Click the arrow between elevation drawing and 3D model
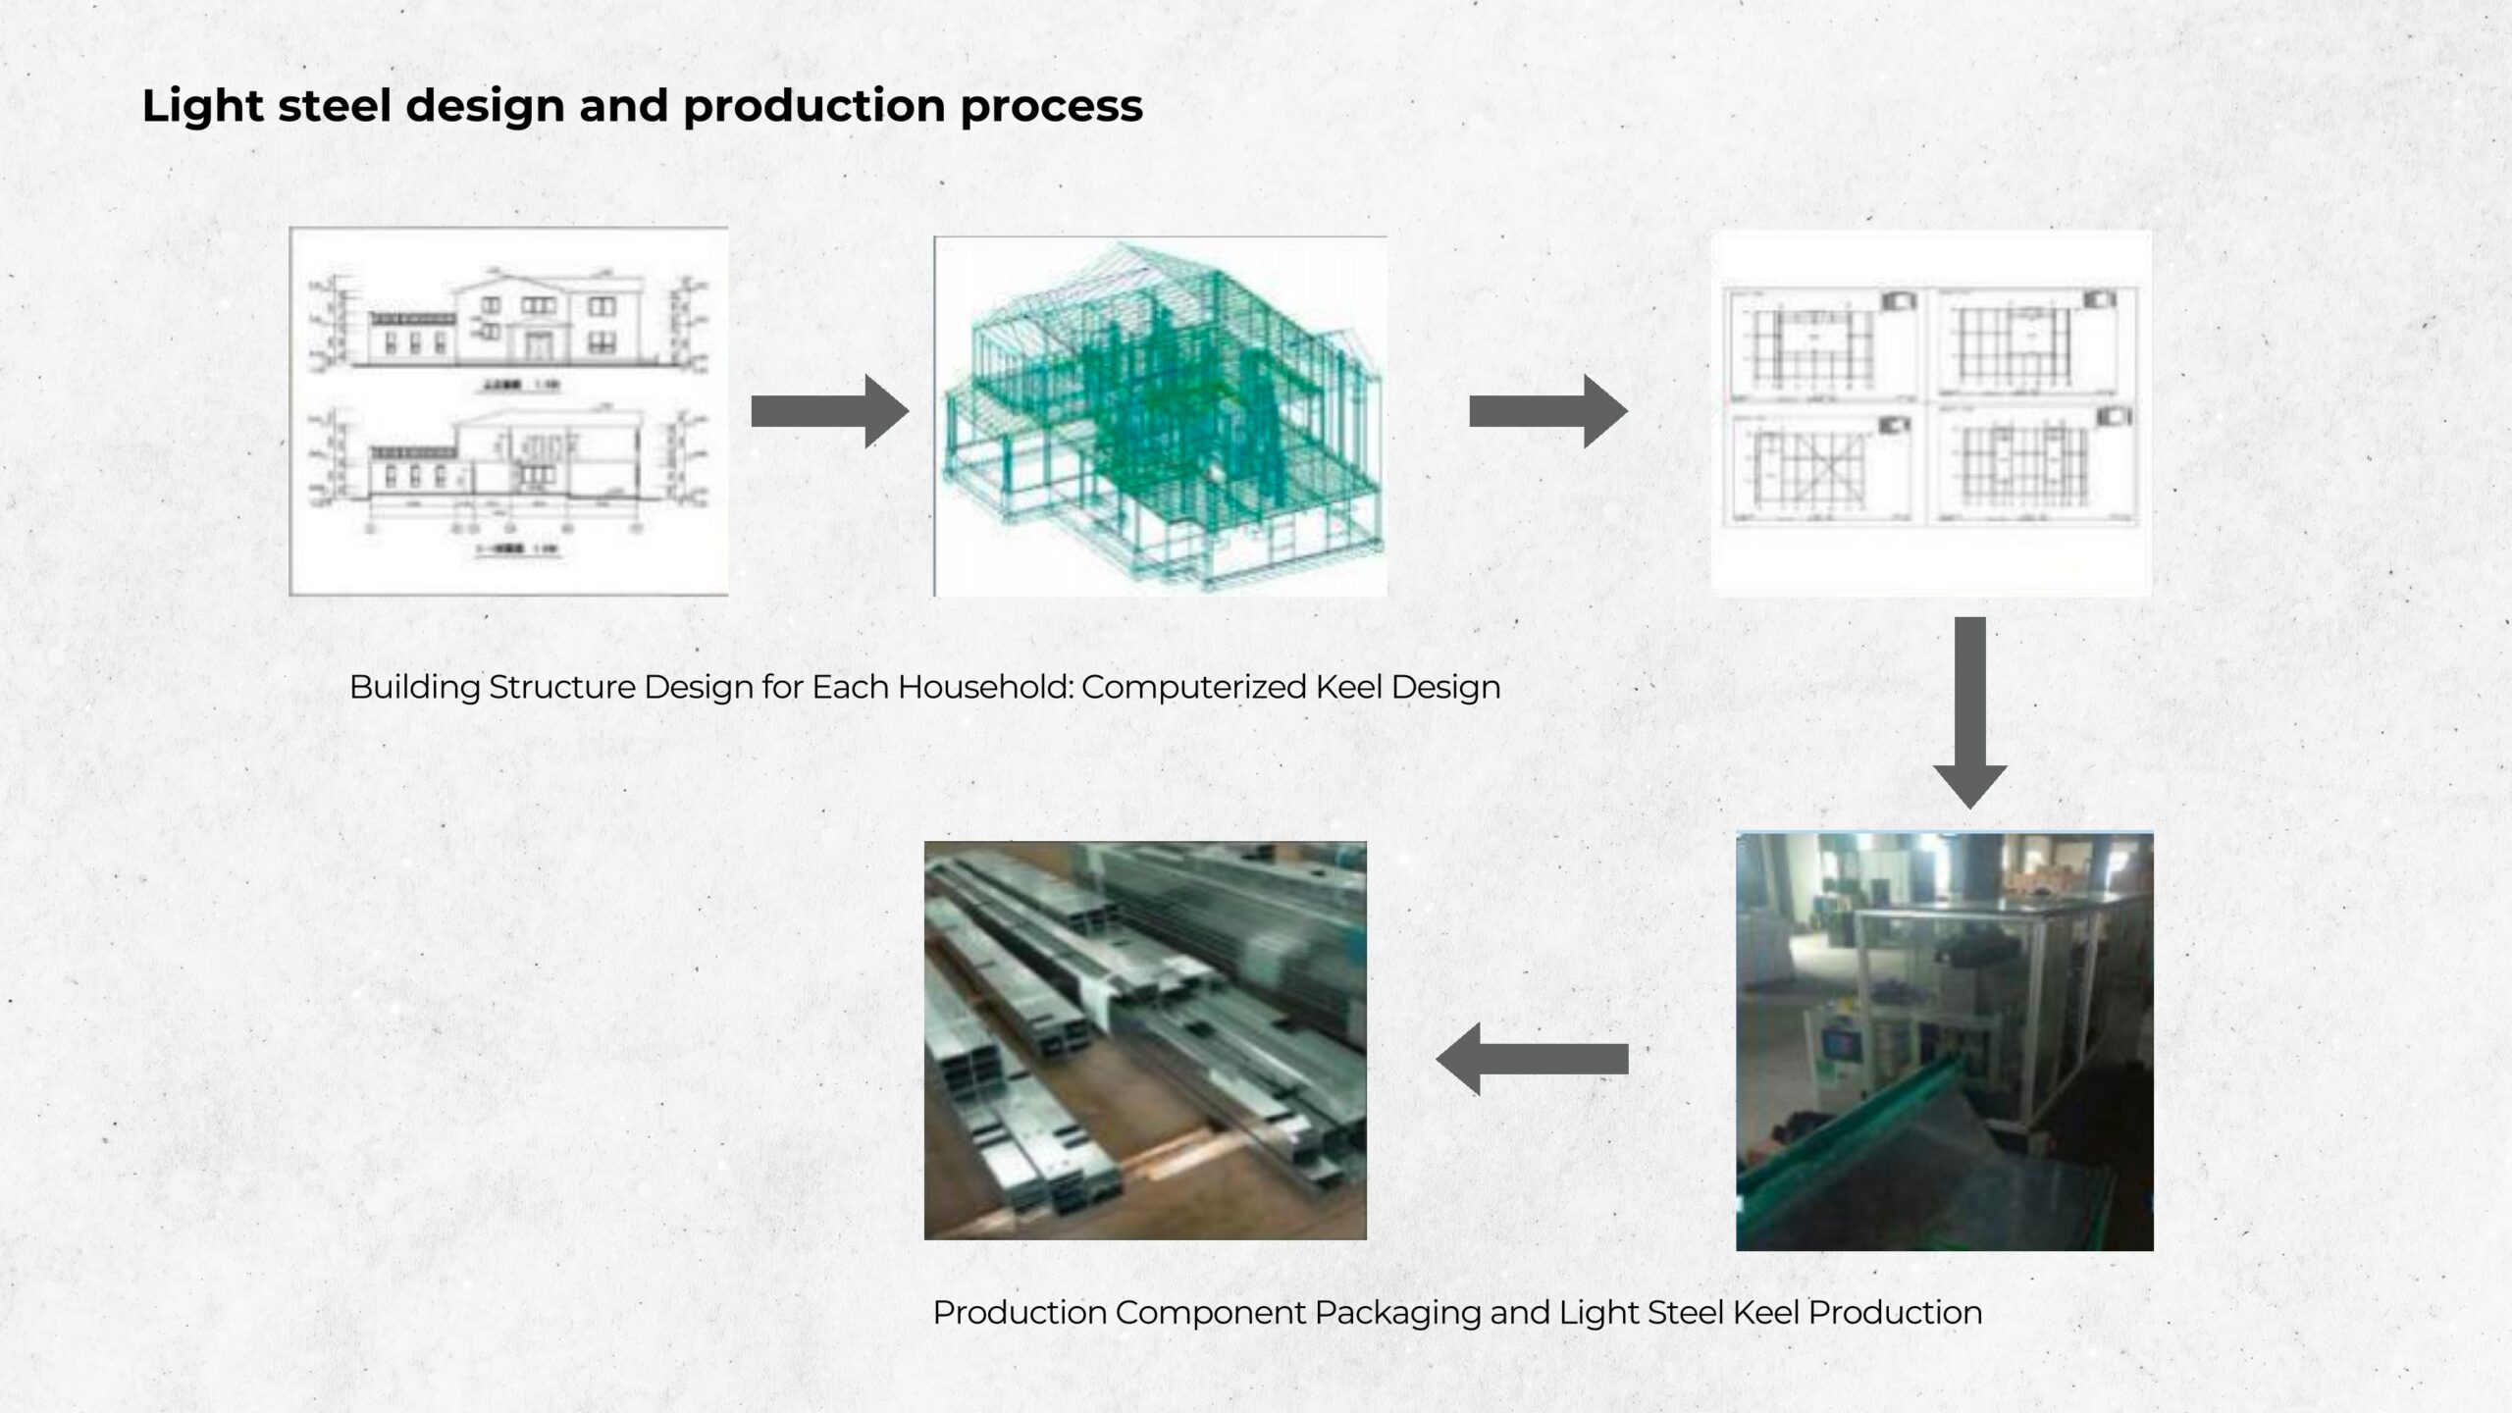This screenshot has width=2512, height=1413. [x=829, y=411]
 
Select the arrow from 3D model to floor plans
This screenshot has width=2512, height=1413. [x=1547, y=411]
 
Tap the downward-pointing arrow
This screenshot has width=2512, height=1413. [x=1969, y=711]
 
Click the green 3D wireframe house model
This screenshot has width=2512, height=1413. [x=1160, y=417]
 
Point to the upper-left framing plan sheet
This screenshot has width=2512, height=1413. [x=1821, y=343]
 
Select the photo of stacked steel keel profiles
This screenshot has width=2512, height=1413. [x=1145, y=1040]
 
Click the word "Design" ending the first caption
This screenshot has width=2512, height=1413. [x=1445, y=687]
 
